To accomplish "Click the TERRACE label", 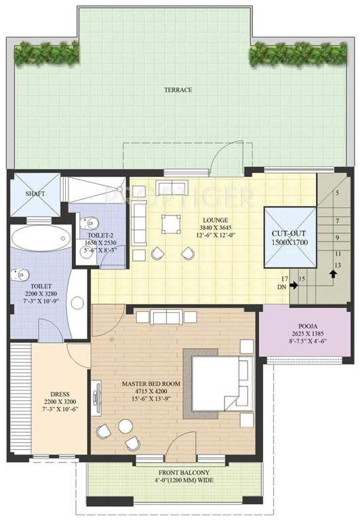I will [x=178, y=90].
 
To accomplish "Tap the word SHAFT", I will [x=35, y=193].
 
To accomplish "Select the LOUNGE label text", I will [x=214, y=219].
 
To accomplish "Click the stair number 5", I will [x=336, y=193].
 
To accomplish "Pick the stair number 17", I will [x=285, y=279].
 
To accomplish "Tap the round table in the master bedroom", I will [x=125, y=425].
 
